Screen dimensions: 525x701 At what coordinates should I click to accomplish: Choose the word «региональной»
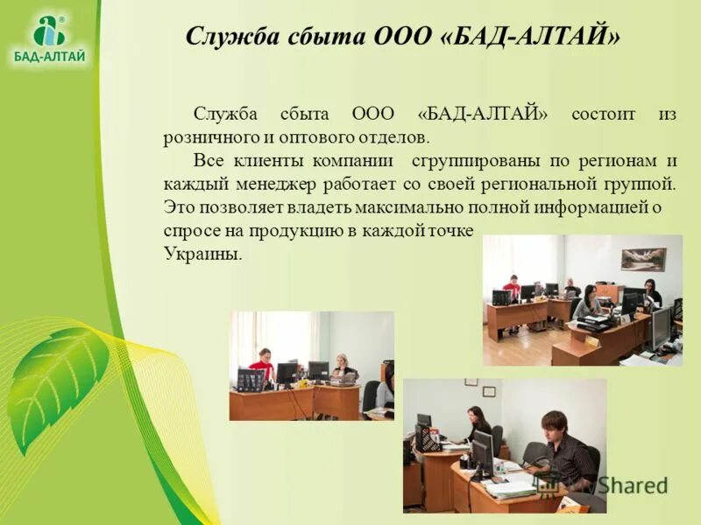(535, 184)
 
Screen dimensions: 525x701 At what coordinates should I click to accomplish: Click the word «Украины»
(201, 254)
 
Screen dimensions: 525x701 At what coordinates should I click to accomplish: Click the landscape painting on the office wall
(643, 258)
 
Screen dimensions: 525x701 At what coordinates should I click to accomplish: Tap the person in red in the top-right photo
(513, 288)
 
